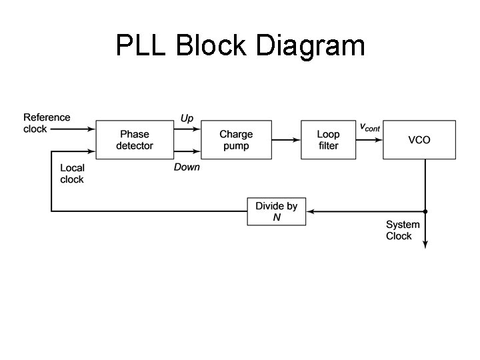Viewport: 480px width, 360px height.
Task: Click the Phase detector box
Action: click(x=135, y=140)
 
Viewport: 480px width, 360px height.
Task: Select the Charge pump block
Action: click(x=236, y=140)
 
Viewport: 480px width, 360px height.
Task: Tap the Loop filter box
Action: click(x=328, y=140)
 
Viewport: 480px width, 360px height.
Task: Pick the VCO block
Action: click(x=419, y=140)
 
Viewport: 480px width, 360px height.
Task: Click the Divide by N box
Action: click(x=277, y=211)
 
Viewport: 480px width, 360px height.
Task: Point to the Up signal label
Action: click(x=187, y=119)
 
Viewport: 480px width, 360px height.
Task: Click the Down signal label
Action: click(x=187, y=167)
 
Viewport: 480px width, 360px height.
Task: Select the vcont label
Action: click(x=369, y=127)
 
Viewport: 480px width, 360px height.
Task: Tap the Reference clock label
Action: click(x=47, y=123)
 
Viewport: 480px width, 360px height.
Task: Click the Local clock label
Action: click(x=72, y=173)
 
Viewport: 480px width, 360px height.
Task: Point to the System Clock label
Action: click(x=403, y=231)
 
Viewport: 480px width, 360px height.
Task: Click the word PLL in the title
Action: click(x=143, y=46)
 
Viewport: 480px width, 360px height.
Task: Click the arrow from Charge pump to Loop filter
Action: click(x=286, y=140)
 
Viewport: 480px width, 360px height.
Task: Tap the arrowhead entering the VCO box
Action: click(x=379, y=140)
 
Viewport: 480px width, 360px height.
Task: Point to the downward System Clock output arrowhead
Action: click(x=425, y=245)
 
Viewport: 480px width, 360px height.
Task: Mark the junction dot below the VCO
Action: click(x=425, y=211)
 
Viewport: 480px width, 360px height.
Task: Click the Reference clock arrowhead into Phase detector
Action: click(x=92, y=129)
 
